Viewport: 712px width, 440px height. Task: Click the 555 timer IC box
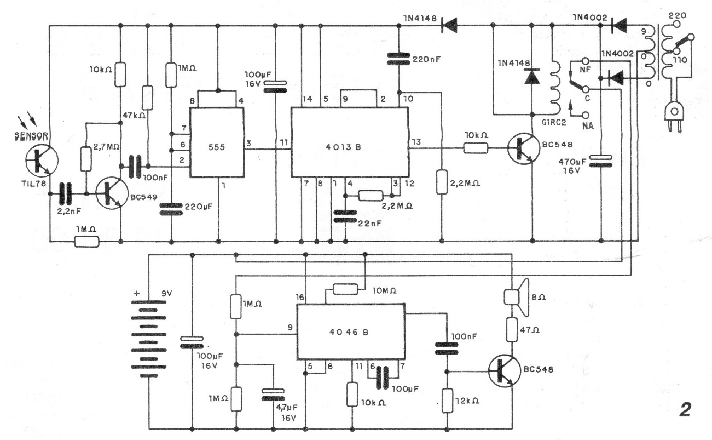[x=217, y=142]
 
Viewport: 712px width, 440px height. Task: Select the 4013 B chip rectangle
[x=350, y=142]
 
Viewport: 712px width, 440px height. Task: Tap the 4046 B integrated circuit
[x=351, y=332]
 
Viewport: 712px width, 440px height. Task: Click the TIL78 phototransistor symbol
[x=42, y=161]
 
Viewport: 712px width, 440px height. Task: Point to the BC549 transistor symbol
[x=112, y=193]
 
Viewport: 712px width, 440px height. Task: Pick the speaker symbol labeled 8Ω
[x=517, y=298]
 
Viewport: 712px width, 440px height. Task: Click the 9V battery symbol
[x=148, y=338]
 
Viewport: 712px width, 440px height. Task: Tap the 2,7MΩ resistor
[x=86, y=159]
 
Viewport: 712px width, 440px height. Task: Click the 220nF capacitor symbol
[x=398, y=59]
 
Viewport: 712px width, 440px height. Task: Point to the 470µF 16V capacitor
[x=600, y=161]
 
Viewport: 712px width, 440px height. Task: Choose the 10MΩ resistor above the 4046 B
[x=345, y=289]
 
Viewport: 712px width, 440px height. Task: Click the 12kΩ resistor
[x=447, y=401]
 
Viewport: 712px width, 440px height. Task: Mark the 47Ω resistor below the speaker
[x=512, y=330]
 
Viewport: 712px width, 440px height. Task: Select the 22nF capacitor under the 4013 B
[x=345, y=216]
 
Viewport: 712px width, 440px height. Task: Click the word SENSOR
[x=31, y=136]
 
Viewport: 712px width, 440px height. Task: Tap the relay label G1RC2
[x=554, y=123]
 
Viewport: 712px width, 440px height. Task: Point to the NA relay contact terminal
[x=586, y=115]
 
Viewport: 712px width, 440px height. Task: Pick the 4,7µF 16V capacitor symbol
[x=273, y=395]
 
